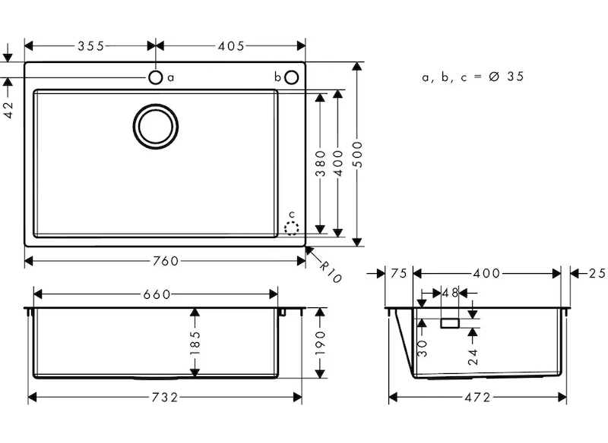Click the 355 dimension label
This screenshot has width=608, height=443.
click(x=90, y=46)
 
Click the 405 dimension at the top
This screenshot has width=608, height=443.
click(x=230, y=46)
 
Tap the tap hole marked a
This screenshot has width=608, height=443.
click(x=155, y=77)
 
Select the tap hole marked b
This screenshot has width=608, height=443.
click(x=292, y=77)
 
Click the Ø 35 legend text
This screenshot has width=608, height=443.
click(x=506, y=77)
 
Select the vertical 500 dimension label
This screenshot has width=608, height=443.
click(x=358, y=155)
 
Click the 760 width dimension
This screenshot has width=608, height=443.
click(x=166, y=261)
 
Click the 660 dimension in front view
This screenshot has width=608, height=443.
click(x=156, y=294)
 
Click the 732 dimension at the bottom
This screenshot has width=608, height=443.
click(x=165, y=397)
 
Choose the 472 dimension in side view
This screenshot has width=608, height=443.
click(x=478, y=397)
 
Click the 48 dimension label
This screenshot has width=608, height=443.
click(x=450, y=293)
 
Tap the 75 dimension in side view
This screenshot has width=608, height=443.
click(x=398, y=273)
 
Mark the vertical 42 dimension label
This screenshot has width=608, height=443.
click(x=9, y=111)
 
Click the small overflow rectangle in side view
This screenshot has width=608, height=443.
click(x=450, y=323)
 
